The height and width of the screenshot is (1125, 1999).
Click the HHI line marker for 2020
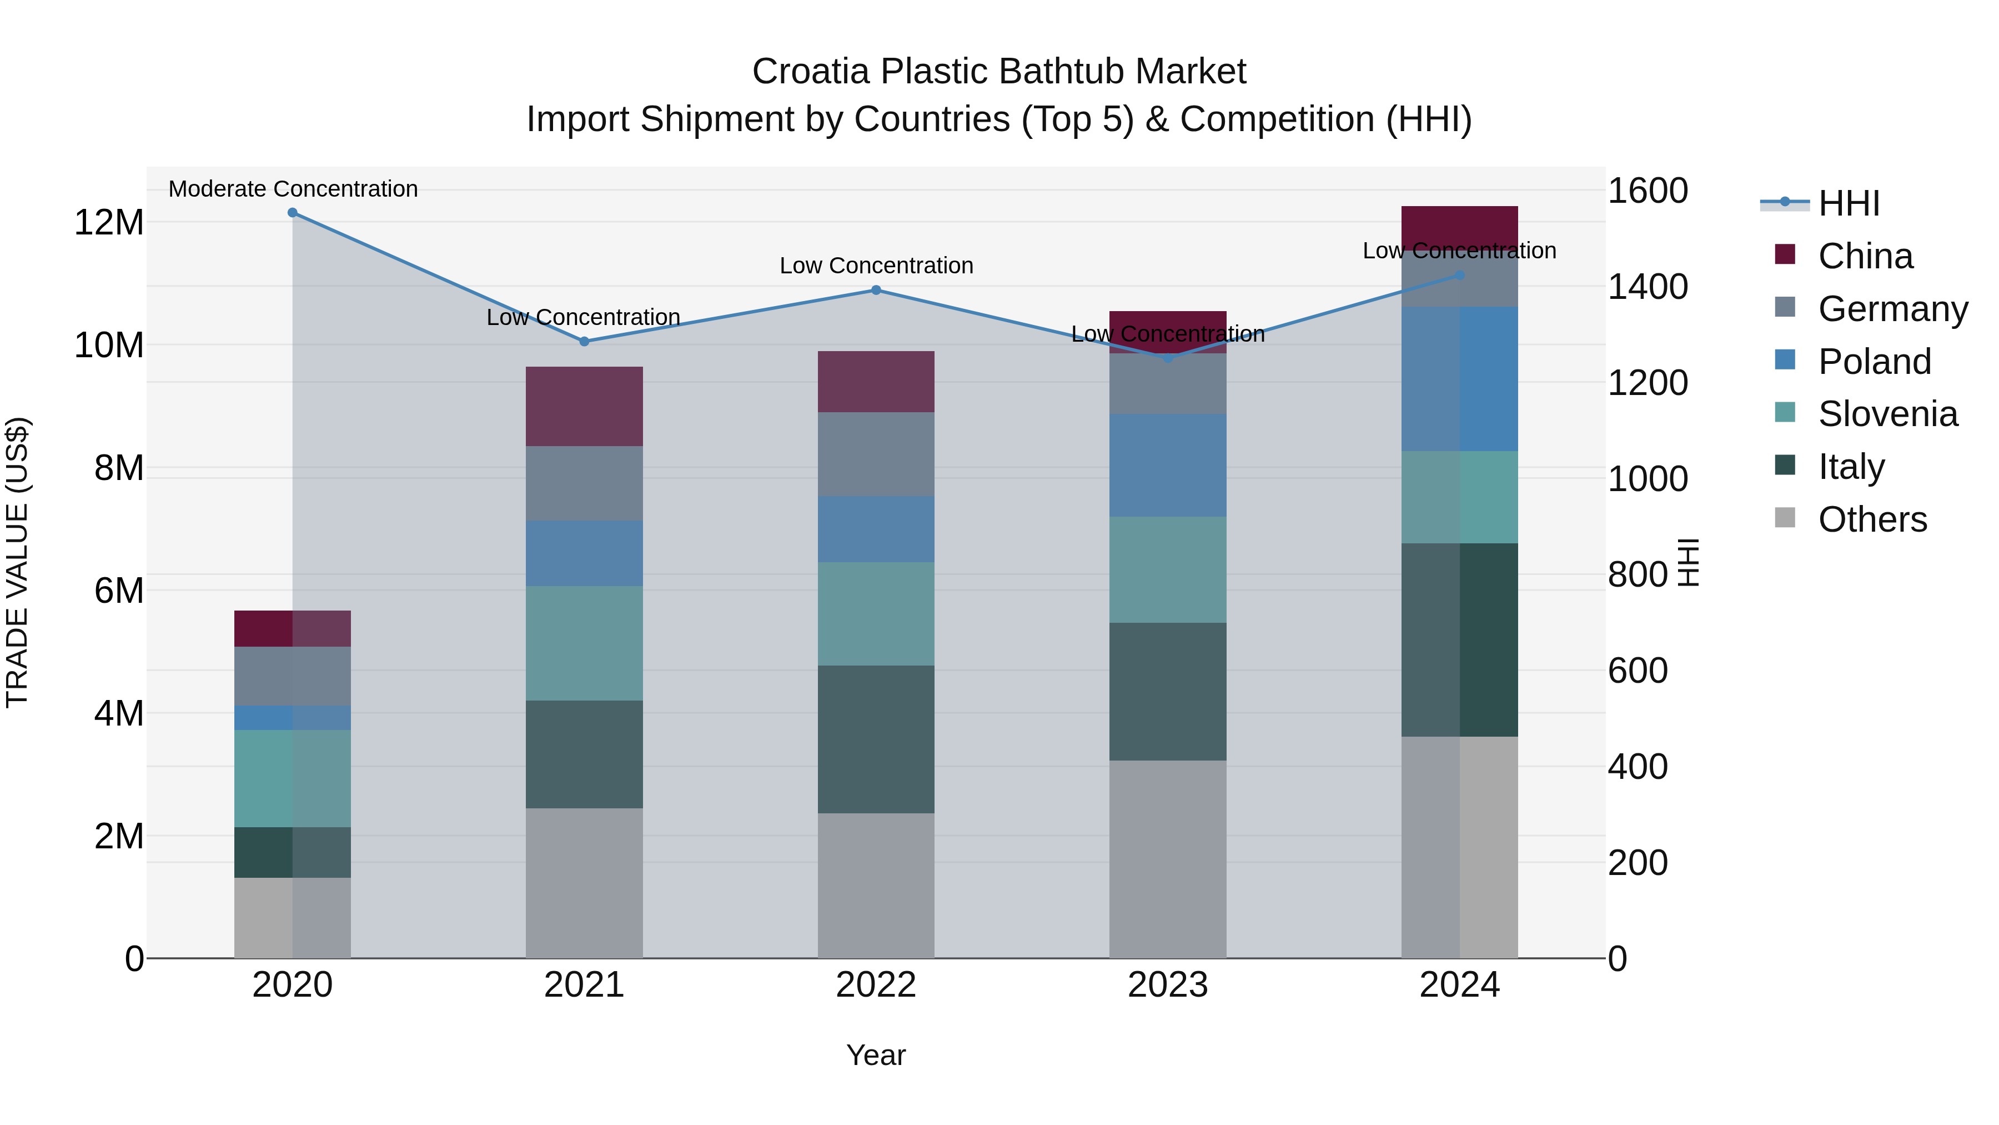(x=293, y=213)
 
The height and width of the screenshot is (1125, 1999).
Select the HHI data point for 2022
(x=876, y=291)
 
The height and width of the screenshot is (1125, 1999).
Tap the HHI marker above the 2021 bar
(x=584, y=342)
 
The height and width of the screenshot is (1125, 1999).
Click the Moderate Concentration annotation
(x=293, y=189)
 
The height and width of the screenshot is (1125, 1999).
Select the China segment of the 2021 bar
(x=584, y=406)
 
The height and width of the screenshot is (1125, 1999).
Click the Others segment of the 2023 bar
(x=1168, y=859)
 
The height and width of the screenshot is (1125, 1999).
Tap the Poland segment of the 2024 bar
(x=1460, y=379)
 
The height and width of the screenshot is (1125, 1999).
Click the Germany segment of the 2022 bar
(x=876, y=454)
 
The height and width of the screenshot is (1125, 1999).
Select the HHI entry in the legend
(x=1849, y=203)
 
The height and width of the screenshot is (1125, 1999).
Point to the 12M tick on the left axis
(x=109, y=223)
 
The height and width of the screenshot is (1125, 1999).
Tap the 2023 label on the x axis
(x=1168, y=985)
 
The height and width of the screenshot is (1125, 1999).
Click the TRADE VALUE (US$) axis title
(x=17, y=562)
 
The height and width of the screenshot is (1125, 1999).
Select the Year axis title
(x=876, y=1055)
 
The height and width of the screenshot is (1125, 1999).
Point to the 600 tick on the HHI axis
(x=1638, y=671)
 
